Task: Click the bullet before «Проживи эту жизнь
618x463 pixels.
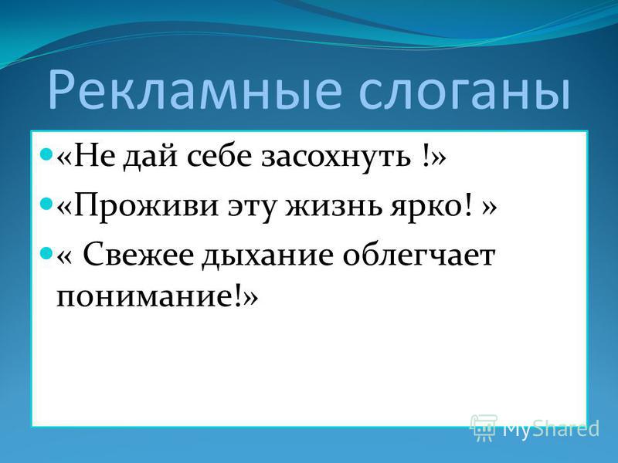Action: coord(46,203)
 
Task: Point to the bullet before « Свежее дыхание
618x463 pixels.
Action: coord(46,252)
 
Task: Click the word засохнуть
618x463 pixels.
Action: coord(336,157)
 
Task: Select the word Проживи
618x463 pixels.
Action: coord(145,205)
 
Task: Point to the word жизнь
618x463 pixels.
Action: coord(334,205)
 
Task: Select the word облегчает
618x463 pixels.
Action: coord(419,255)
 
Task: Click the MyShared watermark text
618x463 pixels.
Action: coord(551,429)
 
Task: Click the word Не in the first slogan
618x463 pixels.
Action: coord(93,157)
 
